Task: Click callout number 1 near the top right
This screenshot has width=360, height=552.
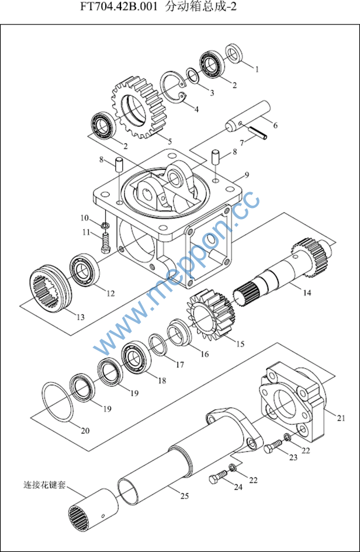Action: [x=256, y=68]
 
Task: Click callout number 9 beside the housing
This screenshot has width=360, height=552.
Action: [x=247, y=175]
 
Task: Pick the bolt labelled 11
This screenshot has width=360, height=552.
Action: [x=105, y=242]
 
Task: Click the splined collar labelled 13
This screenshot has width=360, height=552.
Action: [x=51, y=290]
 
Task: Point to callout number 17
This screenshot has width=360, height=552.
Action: [x=179, y=364]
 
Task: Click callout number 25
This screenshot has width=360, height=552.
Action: [x=184, y=497]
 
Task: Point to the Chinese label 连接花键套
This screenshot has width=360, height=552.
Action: [x=44, y=485]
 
